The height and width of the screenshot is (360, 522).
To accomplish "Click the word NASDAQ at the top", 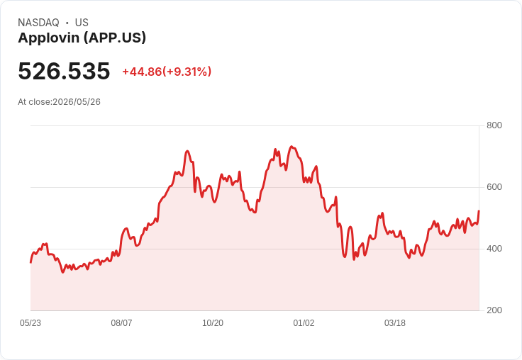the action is tap(38, 23).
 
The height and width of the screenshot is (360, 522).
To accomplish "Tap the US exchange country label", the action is tap(82, 23).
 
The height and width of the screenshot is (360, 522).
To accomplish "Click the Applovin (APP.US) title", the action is tap(82, 38).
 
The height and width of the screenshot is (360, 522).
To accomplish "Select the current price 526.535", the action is tap(64, 71).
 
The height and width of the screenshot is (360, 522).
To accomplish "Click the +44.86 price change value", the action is tap(142, 72).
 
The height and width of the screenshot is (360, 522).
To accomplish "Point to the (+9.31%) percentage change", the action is tap(187, 72).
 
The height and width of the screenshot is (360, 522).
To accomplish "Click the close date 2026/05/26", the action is tap(77, 102).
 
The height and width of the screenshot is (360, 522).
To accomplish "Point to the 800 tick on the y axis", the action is tap(494, 125).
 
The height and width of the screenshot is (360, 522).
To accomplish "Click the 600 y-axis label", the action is tap(494, 187).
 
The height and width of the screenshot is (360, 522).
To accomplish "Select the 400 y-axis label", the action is tap(494, 249).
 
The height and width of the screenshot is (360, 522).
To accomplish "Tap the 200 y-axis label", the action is tap(494, 310).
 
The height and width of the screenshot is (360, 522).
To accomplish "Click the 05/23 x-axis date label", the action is tap(30, 323).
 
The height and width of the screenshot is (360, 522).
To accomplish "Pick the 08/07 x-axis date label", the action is tap(121, 323).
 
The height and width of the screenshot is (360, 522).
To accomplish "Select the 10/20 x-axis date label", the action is tap(213, 323).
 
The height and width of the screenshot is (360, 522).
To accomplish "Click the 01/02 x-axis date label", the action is tap(304, 323).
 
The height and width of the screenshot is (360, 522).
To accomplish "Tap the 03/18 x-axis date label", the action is tap(395, 323).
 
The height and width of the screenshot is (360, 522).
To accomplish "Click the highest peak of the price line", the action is tap(291, 147).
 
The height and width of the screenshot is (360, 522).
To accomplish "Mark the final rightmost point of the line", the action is tap(479, 211).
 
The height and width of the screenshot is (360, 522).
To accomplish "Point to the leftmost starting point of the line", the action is tap(30, 262).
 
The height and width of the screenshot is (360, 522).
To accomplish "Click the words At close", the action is tap(34, 102).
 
